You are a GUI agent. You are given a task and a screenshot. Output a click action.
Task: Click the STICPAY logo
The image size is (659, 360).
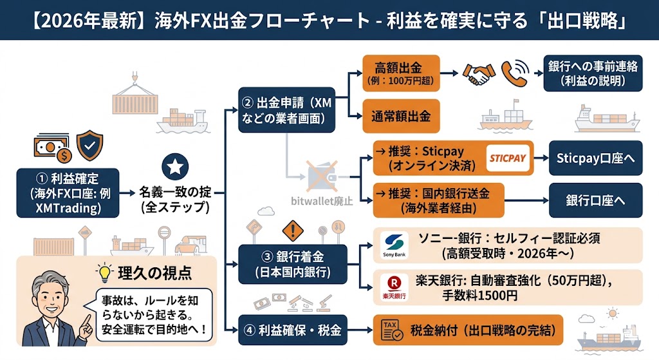coord(508,158)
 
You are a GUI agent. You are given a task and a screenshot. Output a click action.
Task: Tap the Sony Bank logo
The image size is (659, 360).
coord(394,245)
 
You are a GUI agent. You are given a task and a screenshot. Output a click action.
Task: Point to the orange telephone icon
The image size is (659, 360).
coord(515,75)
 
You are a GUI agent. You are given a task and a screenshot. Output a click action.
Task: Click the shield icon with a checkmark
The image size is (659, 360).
coord(89,146)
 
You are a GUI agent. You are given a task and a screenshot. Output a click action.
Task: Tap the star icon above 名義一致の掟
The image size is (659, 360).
coord(174,167)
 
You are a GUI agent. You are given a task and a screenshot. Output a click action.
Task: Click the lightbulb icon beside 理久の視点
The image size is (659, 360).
coord(102,272)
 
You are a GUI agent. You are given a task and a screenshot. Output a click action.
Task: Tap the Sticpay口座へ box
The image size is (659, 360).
coord(595,158)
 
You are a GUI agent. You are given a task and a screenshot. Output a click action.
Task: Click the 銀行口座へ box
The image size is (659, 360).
coord(595,200)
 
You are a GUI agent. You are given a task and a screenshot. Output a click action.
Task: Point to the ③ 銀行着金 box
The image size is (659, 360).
coord(292,263)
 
